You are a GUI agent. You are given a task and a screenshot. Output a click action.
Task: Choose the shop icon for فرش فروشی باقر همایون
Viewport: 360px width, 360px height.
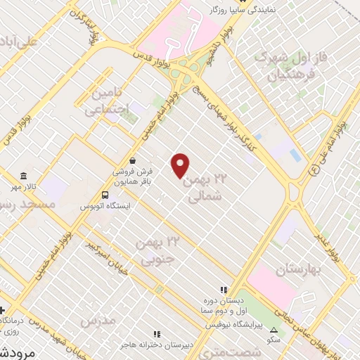tap(133, 160)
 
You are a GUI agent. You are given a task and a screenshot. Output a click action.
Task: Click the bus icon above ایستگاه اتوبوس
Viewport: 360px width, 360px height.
tap(105, 195)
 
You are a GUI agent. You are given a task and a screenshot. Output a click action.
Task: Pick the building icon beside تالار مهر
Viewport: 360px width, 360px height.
tap(24, 175)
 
